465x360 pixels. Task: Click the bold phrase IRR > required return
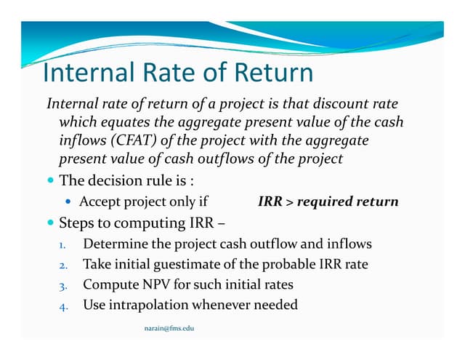[x=328, y=201]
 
